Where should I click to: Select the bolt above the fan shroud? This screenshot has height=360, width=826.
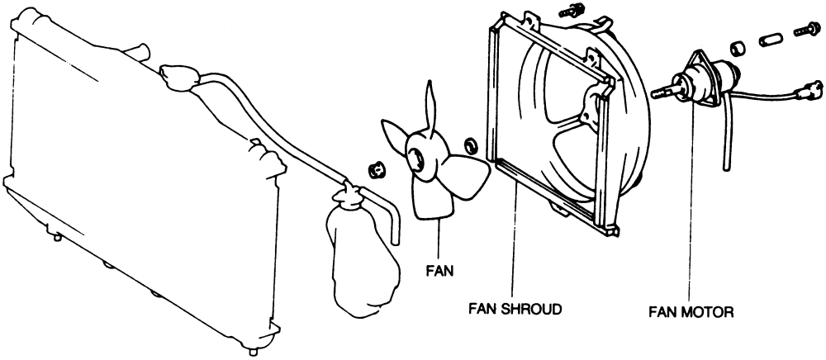(568, 14)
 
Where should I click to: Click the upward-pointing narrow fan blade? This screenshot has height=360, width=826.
(430, 107)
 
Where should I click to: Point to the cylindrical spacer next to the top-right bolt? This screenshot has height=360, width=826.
(769, 39)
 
